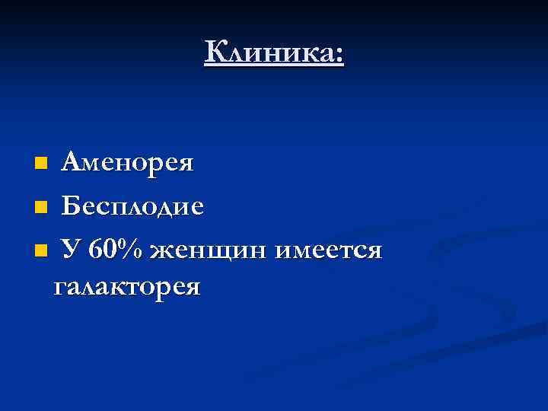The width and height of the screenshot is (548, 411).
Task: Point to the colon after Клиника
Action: pyautogui.click(x=339, y=56)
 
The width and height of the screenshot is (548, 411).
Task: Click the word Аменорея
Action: pyautogui.click(x=128, y=163)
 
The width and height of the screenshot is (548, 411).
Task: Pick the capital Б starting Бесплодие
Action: pyautogui.click(x=71, y=205)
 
